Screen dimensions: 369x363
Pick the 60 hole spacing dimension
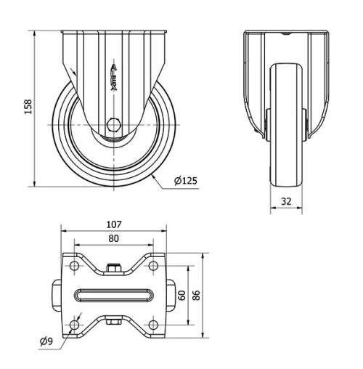(182, 295)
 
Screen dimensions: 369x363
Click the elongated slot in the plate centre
(113, 295)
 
